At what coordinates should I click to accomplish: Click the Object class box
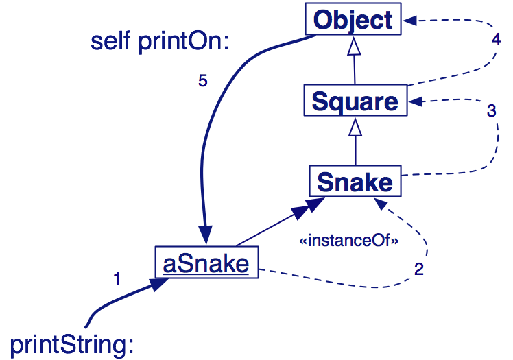[x=353, y=19]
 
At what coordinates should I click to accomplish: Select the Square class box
[x=355, y=101]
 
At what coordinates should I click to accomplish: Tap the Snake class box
[x=355, y=182]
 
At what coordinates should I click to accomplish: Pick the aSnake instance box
[x=206, y=263]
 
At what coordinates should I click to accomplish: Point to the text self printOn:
[x=159, y=41]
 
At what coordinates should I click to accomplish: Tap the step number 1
[x=117, y=278]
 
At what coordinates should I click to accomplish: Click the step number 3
[x=491, y=111]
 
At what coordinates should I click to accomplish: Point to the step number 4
[x=497, y=39]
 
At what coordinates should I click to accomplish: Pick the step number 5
[x=202, y=81]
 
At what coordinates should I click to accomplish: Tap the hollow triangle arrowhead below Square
[x=355, y=127]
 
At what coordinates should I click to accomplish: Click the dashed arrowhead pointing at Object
[x=410, y=21]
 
